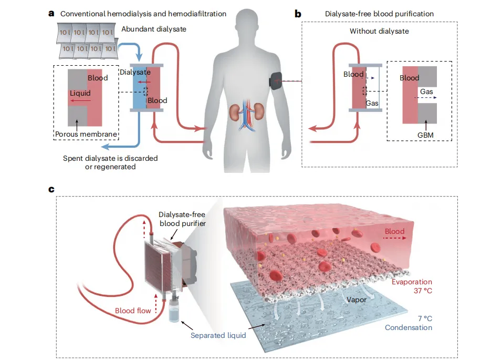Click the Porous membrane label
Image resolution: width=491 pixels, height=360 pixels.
coord(86,135)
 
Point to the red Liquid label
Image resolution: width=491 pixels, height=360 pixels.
coord(80,92)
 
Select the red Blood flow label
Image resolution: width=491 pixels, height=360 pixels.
coord(133,311)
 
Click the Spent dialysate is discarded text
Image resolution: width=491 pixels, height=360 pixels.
coord(110,158)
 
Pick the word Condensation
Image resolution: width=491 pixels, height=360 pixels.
coord(408,328)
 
